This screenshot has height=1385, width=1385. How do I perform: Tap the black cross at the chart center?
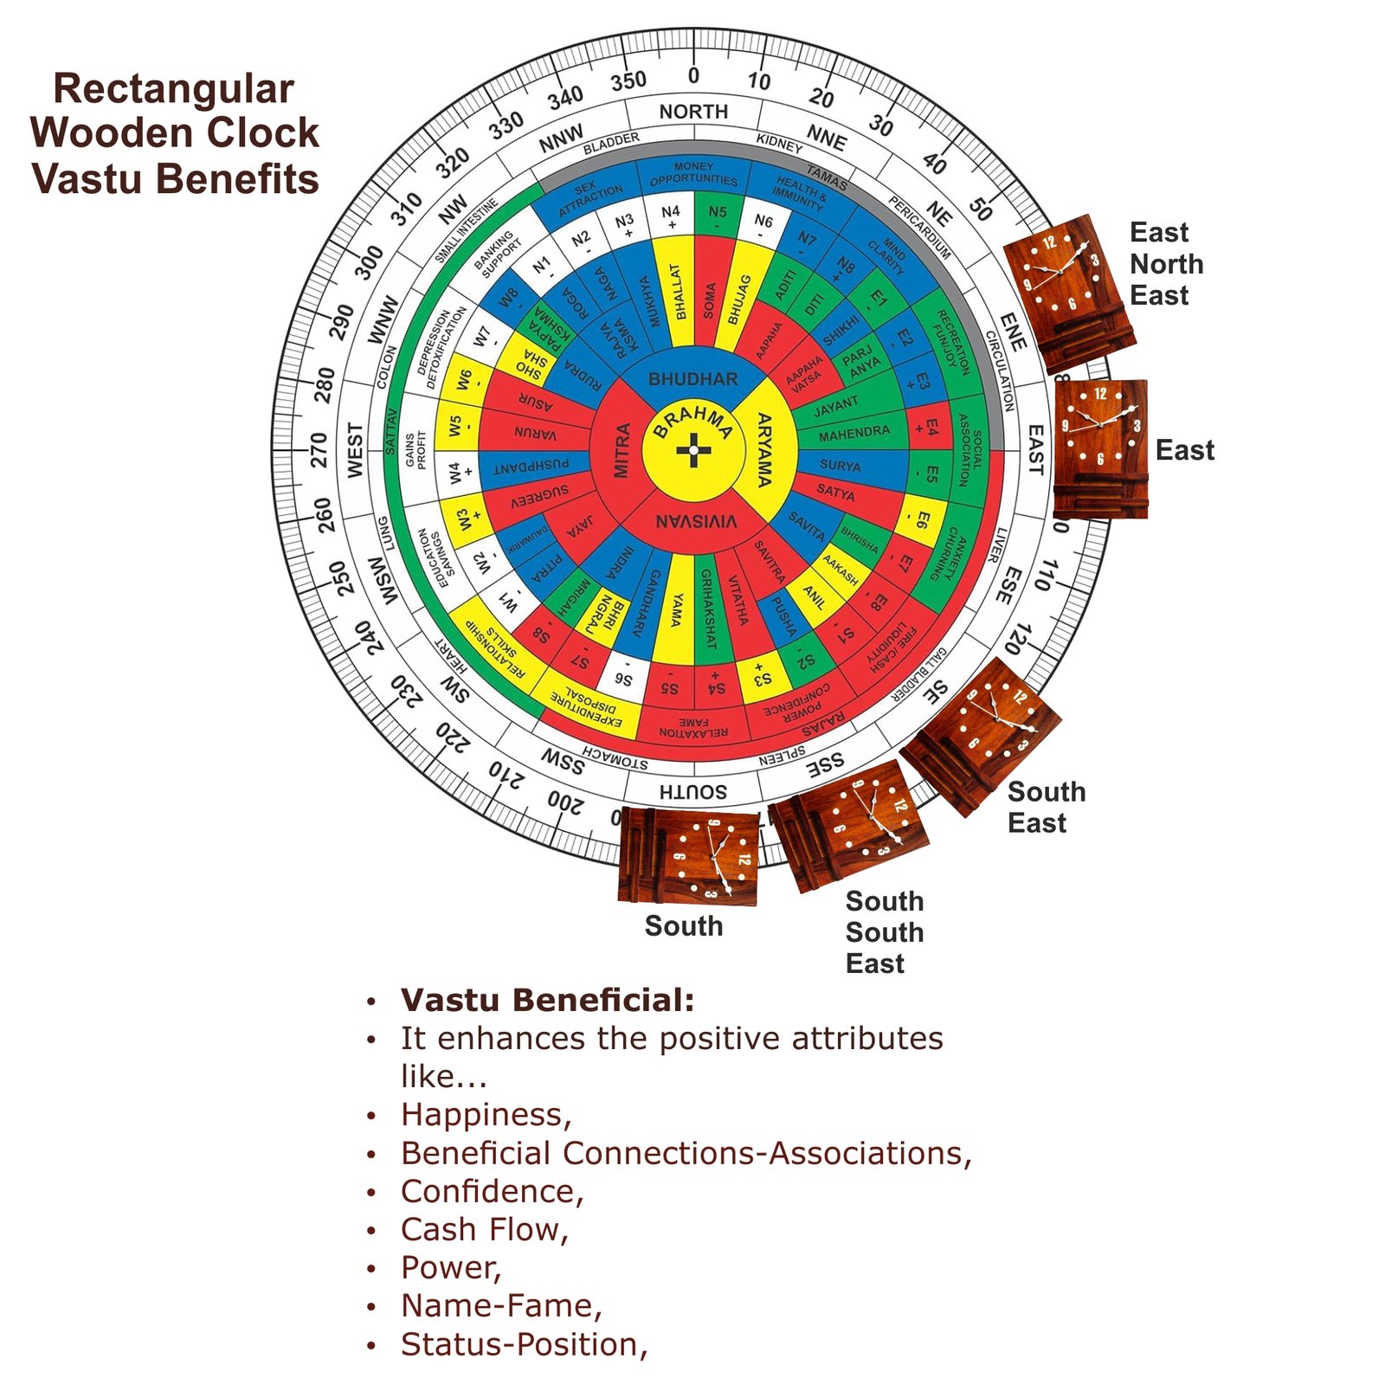[x=693, y=450]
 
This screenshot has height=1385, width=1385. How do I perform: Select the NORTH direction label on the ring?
[x=693, y=112]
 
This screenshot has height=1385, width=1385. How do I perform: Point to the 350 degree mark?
[x=628, y=81]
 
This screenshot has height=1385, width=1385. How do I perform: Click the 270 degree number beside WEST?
[x=319, y=450]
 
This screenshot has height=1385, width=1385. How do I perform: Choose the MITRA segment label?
[x=622, y=450]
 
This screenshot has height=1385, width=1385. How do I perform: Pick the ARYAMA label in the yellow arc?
[x=764, y=450]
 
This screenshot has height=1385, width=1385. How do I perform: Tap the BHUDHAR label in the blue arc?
[x=693, y=379]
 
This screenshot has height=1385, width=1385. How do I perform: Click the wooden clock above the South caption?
[x=689, y=857]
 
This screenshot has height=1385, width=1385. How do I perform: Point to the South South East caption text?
[x=884, y=932]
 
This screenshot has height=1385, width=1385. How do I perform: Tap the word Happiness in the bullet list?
[x=484, y=1115]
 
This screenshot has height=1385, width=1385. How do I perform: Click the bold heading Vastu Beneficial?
[x=547, y=1000]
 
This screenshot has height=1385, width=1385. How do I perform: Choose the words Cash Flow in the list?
[x=482, y=1229]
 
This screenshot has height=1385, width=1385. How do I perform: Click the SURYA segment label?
[x=840, y=466]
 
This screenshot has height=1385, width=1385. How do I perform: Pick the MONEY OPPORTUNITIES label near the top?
[x=693, y=174]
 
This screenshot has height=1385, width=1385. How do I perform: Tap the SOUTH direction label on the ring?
[x=693, y=791]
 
